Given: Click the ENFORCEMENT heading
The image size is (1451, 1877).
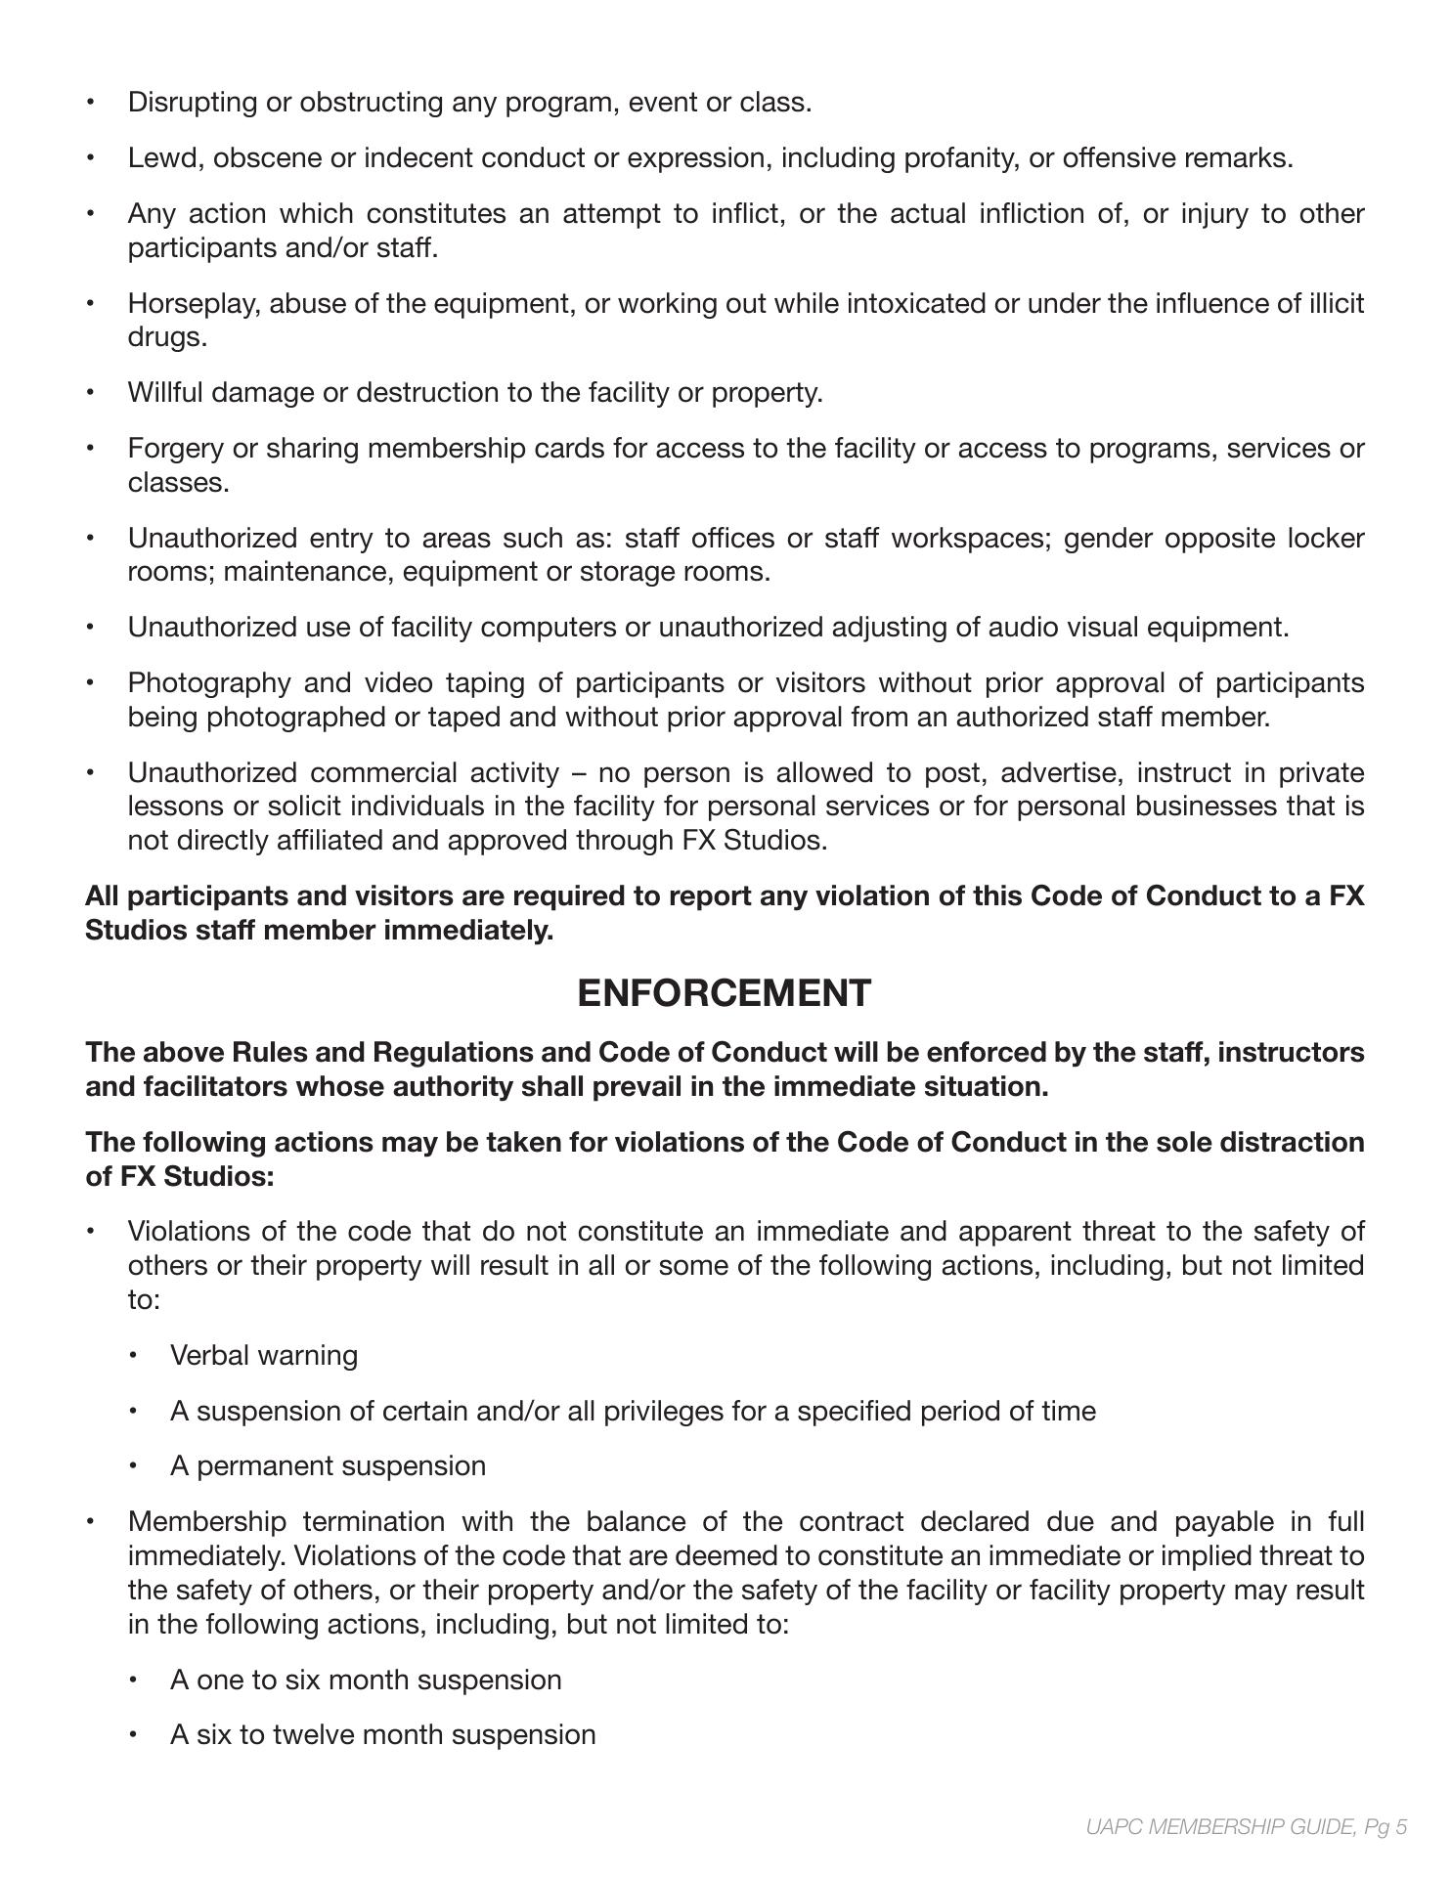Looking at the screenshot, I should point(724,992).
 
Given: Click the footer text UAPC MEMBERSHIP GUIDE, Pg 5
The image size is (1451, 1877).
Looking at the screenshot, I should point(1246,1826).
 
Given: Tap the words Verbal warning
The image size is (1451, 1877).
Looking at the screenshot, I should point(263,1356).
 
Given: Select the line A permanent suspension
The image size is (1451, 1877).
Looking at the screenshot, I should point(328,1466).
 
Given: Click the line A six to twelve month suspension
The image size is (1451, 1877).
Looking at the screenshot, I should point(382,1735).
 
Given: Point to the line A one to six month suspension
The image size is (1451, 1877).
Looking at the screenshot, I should point(366,1681).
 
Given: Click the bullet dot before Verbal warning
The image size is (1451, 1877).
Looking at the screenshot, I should point(134,1357).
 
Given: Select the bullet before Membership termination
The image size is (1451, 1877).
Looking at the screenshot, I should point(91,1522).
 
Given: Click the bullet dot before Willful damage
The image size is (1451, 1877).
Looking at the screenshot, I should point(91,393).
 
